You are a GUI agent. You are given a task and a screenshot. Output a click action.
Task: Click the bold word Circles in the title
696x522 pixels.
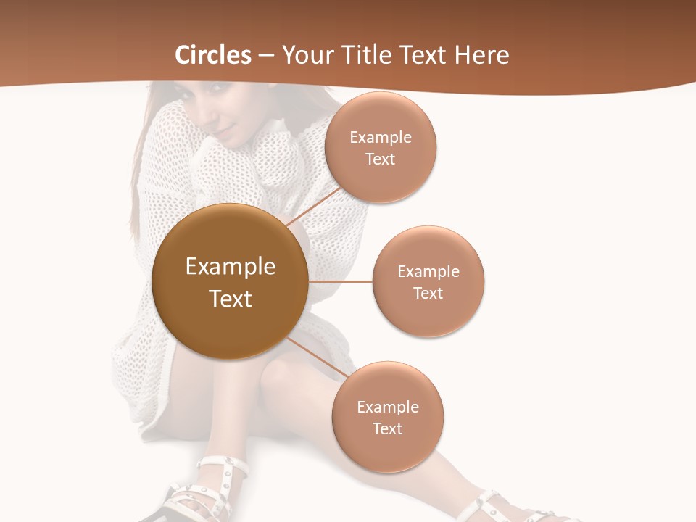213,55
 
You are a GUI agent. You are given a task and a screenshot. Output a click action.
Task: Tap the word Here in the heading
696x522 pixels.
482,55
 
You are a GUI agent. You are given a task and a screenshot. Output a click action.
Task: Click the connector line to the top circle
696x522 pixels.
314,207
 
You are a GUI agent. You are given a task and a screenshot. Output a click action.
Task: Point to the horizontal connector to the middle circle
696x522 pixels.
340,281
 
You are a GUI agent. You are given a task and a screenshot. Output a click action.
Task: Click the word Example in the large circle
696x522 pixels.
231,267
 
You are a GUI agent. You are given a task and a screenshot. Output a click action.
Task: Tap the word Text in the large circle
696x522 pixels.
231,299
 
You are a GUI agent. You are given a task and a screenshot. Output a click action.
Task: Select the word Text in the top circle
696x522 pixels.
381,159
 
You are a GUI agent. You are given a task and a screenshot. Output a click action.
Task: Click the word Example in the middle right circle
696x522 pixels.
428,272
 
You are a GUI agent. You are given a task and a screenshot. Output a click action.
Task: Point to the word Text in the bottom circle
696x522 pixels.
388,429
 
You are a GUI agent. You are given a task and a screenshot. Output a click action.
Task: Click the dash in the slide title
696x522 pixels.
265,55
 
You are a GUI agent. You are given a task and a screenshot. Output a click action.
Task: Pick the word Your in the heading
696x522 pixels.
304,55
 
